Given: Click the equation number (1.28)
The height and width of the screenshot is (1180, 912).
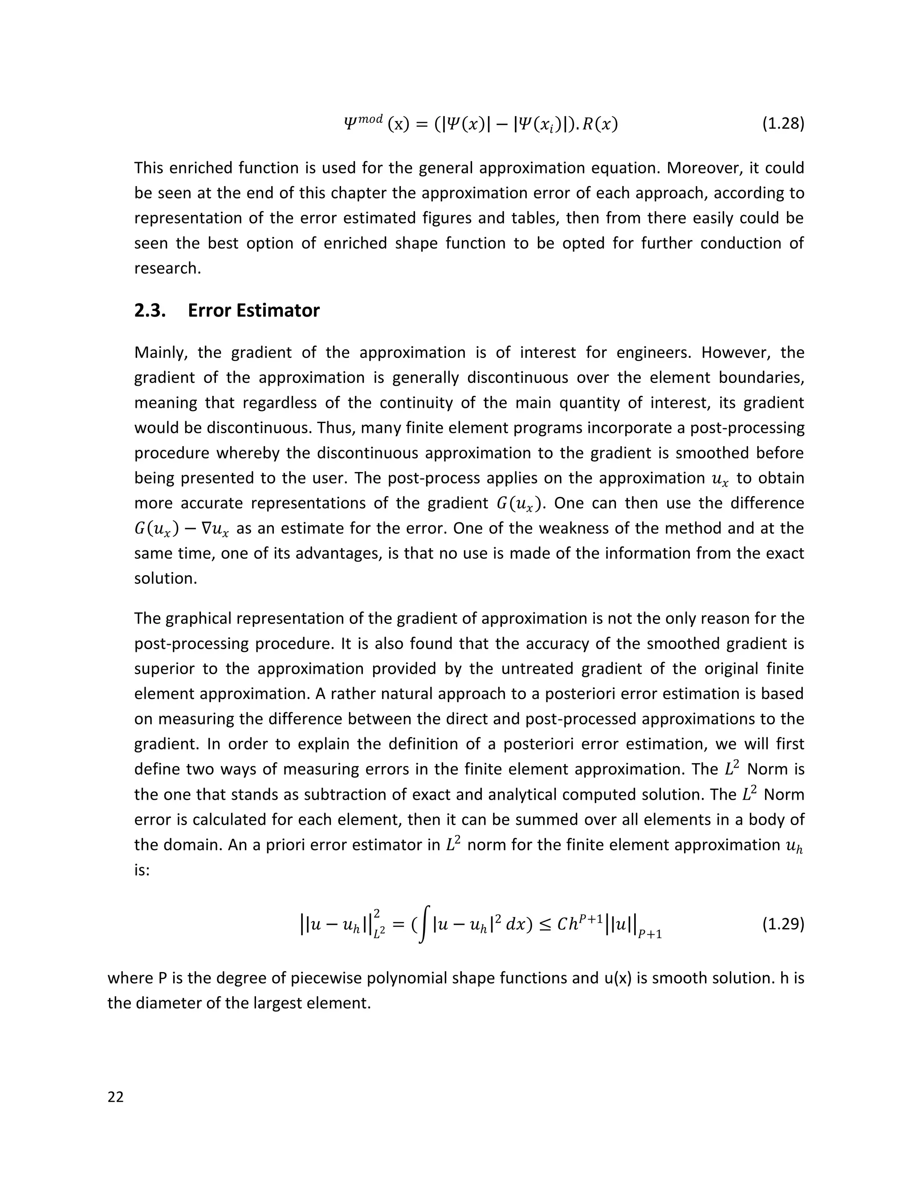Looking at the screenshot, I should [783, 124].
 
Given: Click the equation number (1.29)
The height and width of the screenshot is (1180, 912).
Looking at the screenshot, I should [783, 924].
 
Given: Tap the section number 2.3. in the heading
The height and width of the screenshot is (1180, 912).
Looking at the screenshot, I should [150, 311].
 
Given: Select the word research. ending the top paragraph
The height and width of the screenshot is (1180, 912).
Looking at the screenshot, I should [167, 269].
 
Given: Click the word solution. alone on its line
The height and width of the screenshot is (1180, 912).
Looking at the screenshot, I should [165, 579].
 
